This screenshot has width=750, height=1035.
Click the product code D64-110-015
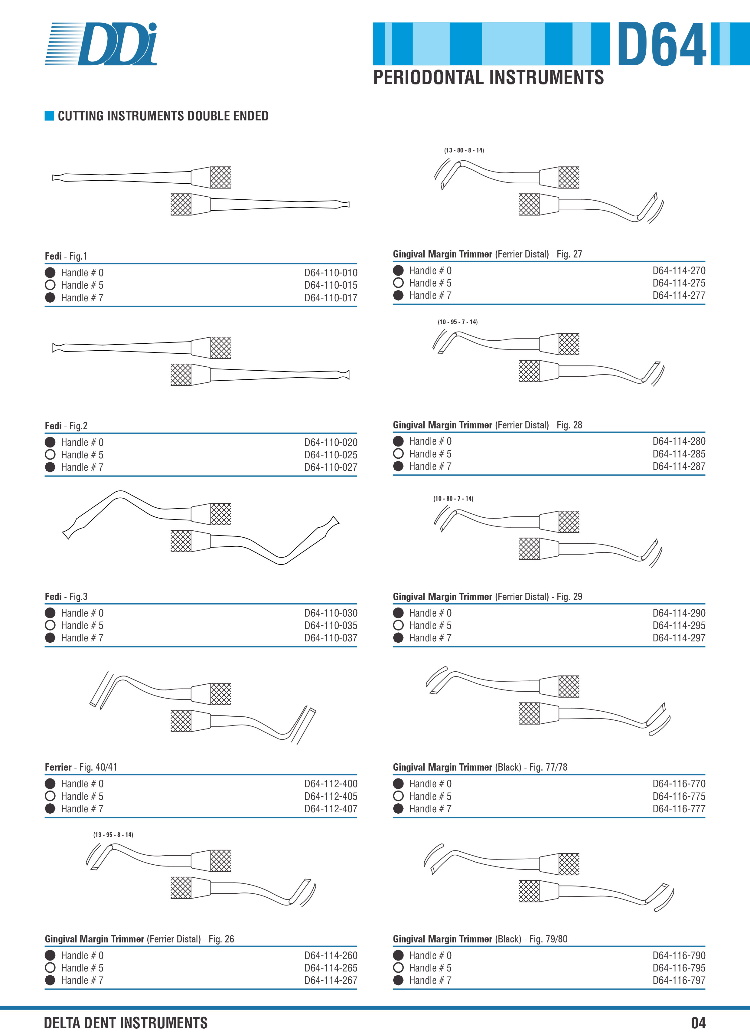331,285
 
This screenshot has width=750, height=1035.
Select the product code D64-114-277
679,296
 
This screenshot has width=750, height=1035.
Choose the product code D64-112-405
331,796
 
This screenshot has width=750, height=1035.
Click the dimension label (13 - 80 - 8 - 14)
464,150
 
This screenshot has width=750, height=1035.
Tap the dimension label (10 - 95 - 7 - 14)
458,322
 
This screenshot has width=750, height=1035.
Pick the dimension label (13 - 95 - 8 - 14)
113,835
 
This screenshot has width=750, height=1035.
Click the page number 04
698,1023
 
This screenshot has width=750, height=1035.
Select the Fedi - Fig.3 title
66,596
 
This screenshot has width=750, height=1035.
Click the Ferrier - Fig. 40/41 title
81,767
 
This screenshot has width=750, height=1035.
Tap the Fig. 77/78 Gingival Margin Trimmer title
480,767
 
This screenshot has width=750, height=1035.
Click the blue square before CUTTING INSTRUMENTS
49,116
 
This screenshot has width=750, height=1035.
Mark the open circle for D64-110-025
50,454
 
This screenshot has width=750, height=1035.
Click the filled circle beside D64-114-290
398,613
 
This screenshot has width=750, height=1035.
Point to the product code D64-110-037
331,638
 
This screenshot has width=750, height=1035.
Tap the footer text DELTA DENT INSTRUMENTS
126,1023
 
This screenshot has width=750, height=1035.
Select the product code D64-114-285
679,454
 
